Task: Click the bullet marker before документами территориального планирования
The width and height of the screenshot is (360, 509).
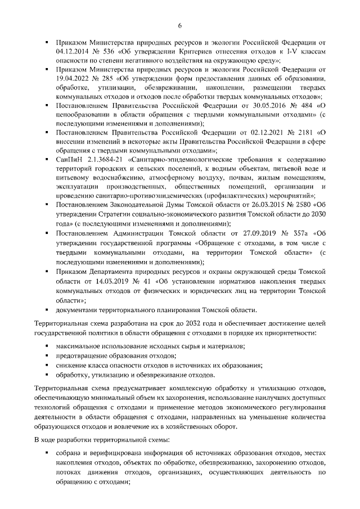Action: [48, 310]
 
